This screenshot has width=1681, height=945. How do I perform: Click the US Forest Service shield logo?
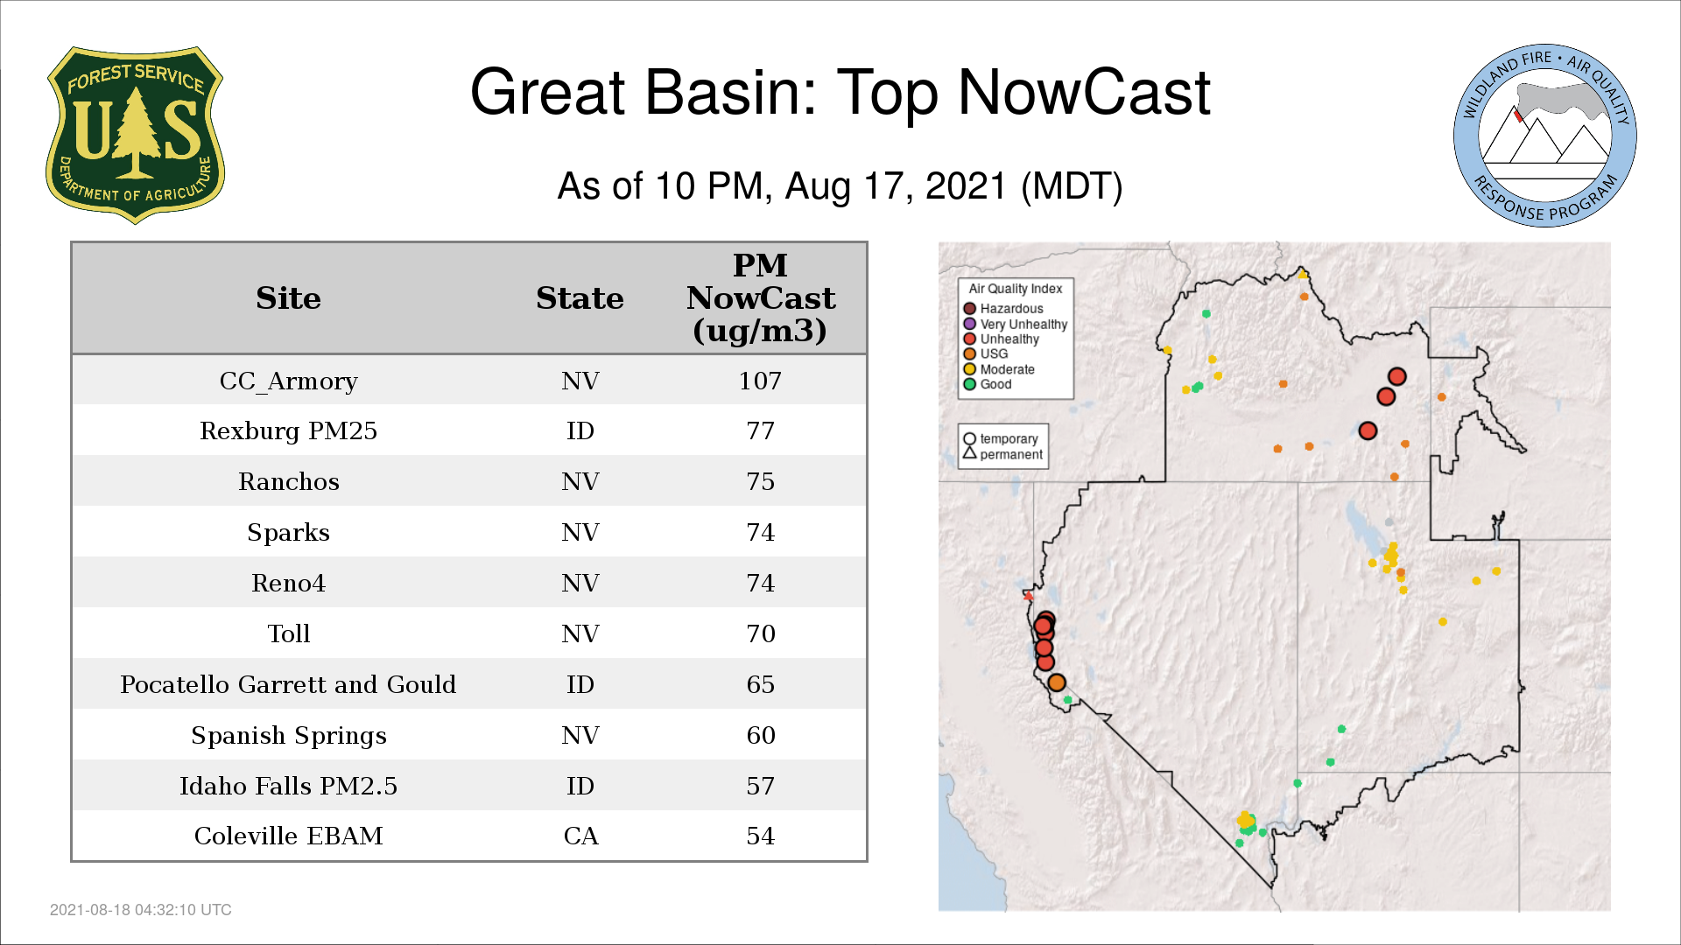tap(135, 136)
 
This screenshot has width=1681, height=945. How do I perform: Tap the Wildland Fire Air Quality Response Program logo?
tap(1544, 136)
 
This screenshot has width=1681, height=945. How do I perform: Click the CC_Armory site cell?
tap(288, 381)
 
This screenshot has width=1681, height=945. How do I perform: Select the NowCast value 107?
tap(760, 381)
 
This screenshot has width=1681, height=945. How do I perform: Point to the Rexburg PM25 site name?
tap(288, 431)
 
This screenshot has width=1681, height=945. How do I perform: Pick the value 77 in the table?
tap(760, 431)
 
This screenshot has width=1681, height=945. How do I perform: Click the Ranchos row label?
tap(288, 482)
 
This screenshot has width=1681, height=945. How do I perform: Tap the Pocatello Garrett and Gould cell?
tap(288, 684)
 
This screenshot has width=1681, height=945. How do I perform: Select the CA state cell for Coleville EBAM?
tap(580, 836)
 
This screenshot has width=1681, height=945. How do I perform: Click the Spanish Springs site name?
tap(288, 736)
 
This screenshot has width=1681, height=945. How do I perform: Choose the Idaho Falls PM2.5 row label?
tap(288, 786)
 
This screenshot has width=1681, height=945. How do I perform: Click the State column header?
tap(580, 298)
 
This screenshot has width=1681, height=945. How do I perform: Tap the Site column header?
tap(288, 298)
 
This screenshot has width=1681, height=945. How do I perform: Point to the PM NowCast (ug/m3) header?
tap(760, 298)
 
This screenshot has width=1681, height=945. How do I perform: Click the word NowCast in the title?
tap(1084, 92)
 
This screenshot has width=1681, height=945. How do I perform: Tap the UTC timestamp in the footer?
tap(141, 910)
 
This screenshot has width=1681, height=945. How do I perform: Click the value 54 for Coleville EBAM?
tap(760, 836)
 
